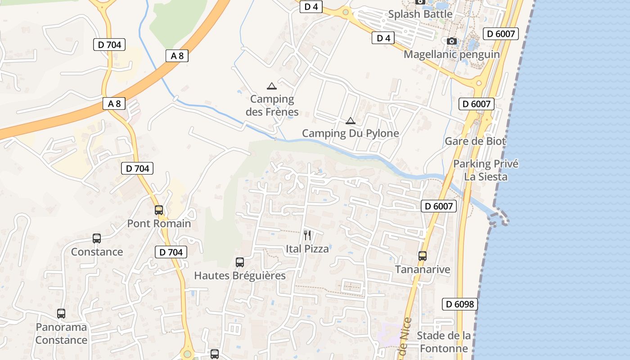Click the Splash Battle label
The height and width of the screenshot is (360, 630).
coord(420,14)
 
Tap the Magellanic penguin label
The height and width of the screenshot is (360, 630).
coord(451,54)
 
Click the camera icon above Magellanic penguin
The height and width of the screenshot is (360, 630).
coord(452,41)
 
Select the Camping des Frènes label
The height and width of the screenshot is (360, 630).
coord(272,105)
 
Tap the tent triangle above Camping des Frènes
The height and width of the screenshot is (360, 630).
coord(271,86)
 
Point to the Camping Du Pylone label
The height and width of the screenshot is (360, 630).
coord(350,133)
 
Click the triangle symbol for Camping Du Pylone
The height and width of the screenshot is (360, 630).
coord(350,121)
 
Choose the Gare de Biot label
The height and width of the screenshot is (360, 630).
coord(475,141)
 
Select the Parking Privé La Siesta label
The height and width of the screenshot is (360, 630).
coord(486,170)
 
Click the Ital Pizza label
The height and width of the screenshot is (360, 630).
coord(307,248)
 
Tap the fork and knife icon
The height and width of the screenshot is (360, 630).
coord(307,235)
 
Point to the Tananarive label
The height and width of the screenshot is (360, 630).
coord(422,270)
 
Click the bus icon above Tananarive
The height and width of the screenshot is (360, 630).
coord(422,256)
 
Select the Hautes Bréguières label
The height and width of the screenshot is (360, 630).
coord(239,275)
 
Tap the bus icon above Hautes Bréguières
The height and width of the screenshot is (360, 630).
coord(239,262)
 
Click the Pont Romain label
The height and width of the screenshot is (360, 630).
coord(159,223)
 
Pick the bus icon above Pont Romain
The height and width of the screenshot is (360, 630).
coord(159,210)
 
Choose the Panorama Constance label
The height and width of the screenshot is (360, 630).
coord(61,333)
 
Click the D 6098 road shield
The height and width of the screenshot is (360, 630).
coord(459,304)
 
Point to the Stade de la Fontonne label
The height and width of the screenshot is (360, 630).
coord(444,342)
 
